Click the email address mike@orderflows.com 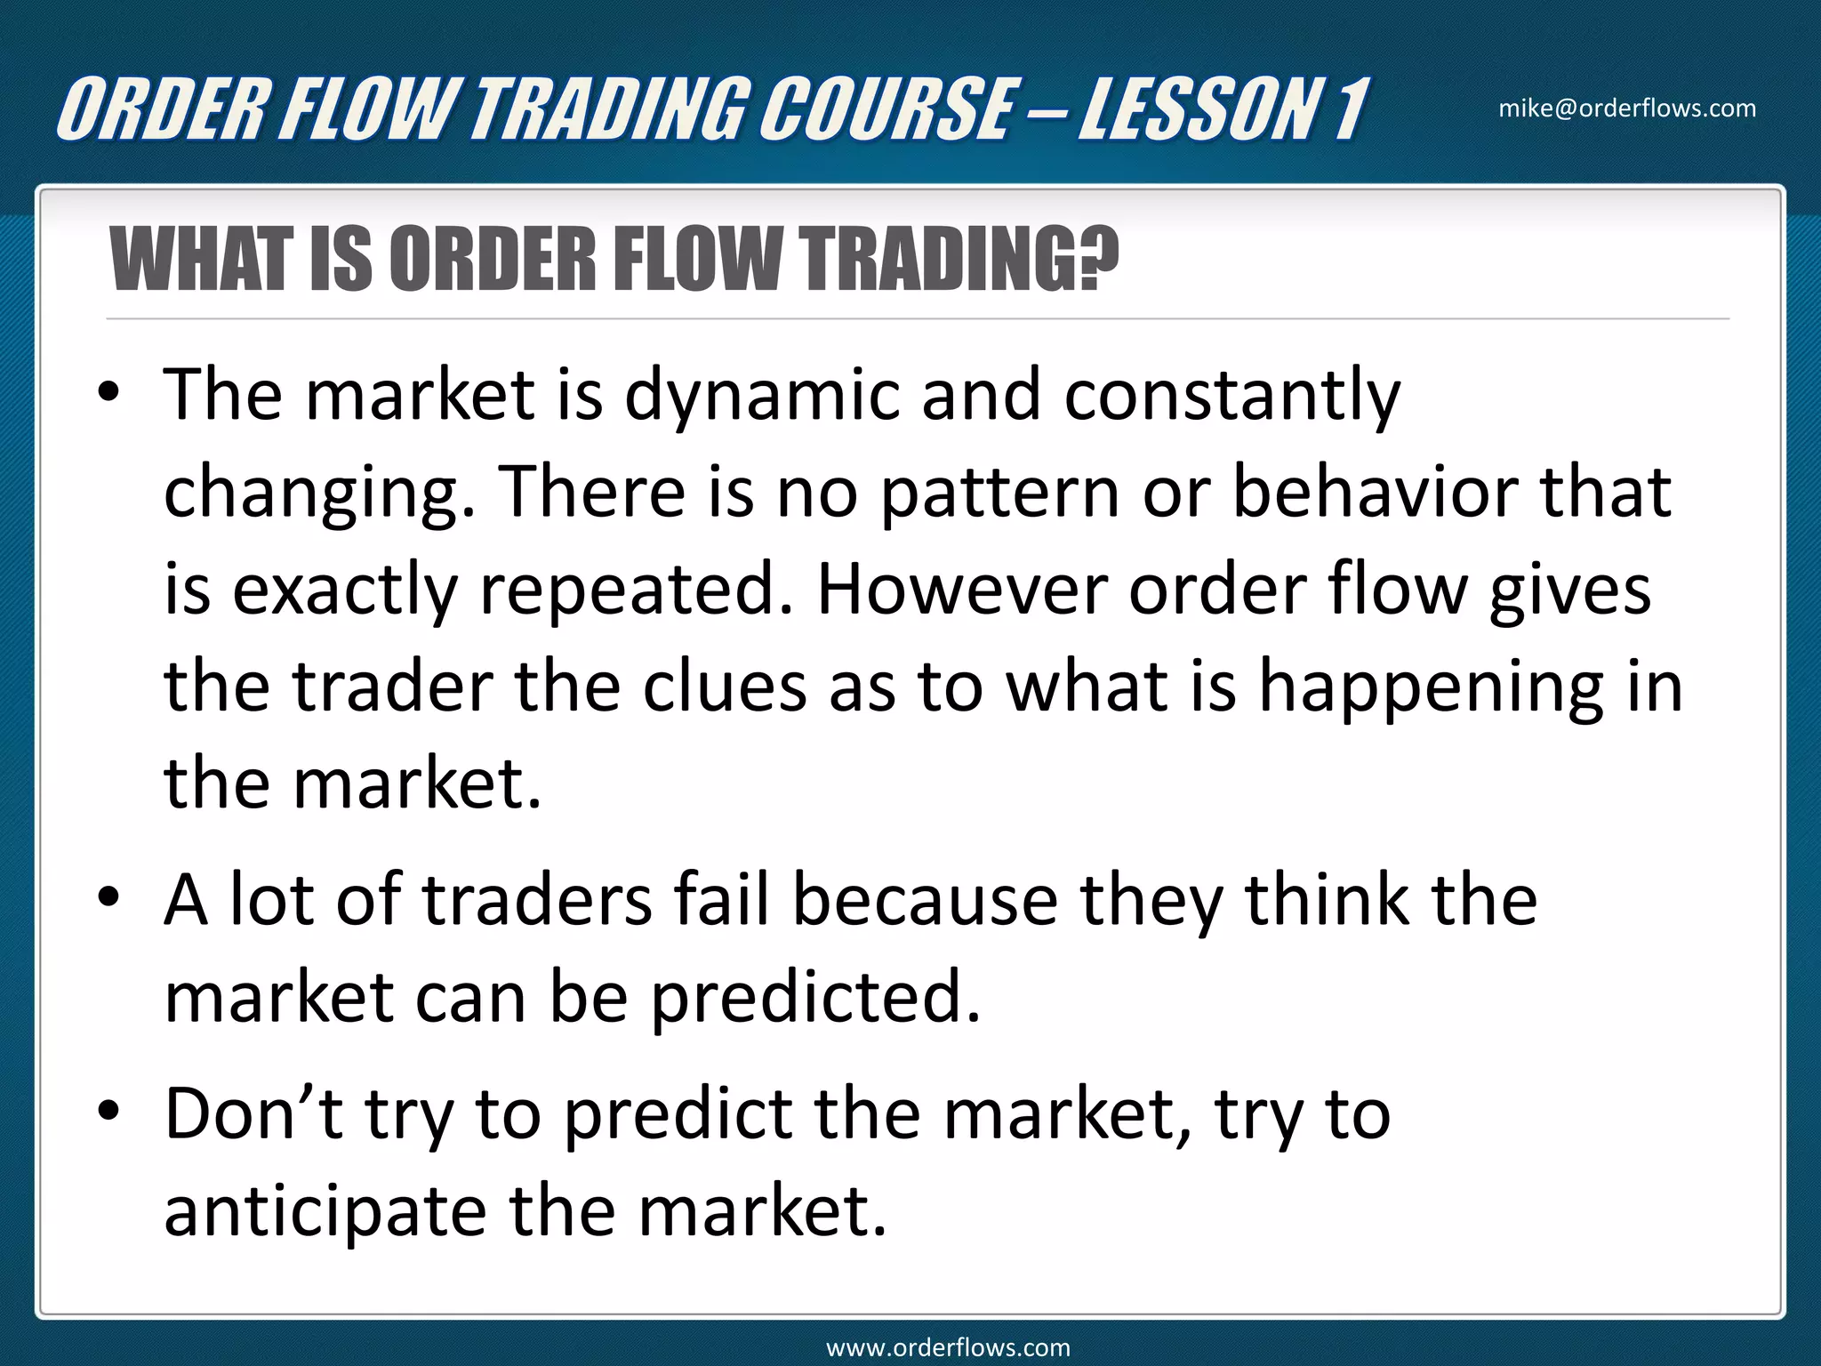coord(1627,108)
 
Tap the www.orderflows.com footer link coord(948,1347)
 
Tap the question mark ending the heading coord(1097,260)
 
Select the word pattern coord(999,493)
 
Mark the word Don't coord(254,1113)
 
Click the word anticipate coord(325,1213)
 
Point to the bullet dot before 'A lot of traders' coord(108,899)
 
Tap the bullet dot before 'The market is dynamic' coord(108,395)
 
